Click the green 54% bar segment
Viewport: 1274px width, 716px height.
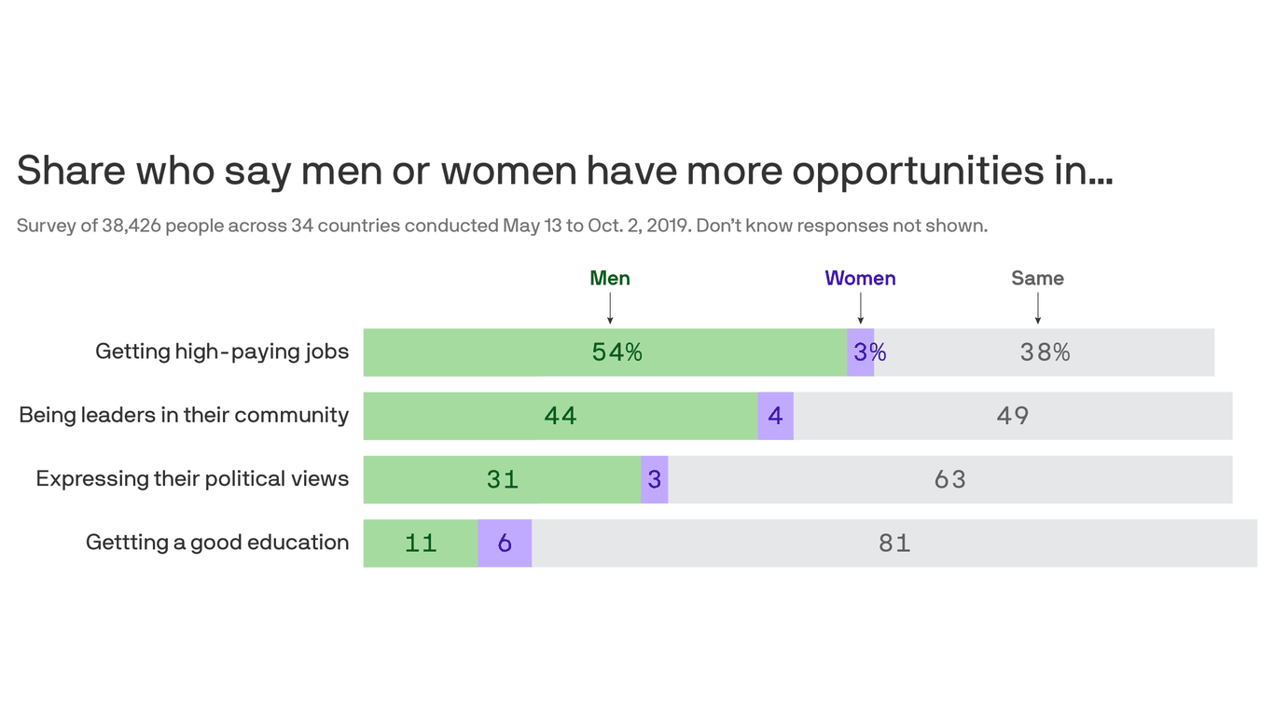click(x=604, y=352)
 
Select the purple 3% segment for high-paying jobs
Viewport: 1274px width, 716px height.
click(x=861, y=352)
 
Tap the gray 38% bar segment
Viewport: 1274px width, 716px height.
click(x=1044, y=352)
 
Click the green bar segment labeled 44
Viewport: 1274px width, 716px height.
click(x=560, y=416)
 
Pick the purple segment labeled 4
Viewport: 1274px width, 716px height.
click(x=775, y=416)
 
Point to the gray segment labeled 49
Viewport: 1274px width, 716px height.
click(x=1012, y=416)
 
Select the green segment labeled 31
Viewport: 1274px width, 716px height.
click(x=502, y=479)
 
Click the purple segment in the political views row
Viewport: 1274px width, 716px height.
click(x=655, y=479)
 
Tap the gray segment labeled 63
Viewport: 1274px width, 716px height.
click(x=949, y=479)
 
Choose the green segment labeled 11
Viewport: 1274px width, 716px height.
click(x=421, y=543)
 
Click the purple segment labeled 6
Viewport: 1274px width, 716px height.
click(x=505, y=543)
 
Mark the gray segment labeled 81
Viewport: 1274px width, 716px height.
click(x=893, y=543)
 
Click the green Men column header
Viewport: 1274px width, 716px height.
click(x=610, y=278)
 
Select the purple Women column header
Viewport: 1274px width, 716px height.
click(x=860, y=278)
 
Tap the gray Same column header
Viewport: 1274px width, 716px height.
click(x=1037, y=278)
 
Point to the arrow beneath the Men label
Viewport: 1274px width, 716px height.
click(x=610, y=308)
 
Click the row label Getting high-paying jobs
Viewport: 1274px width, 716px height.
click(x=222, y=351)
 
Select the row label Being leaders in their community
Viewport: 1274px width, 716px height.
click(x=184, y=415)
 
